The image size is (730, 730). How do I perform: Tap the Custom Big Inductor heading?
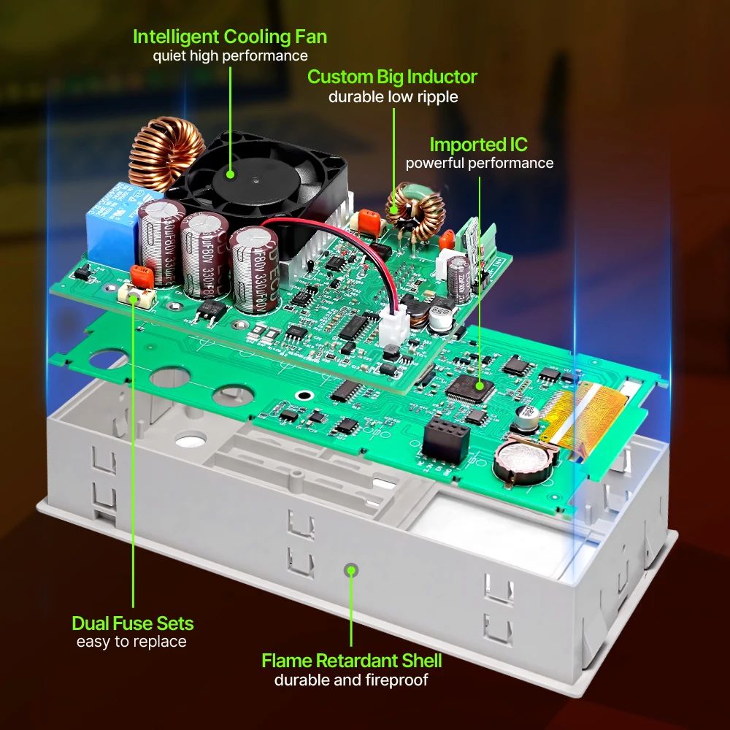[x=392, y=77]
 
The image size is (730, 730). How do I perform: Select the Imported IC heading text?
[x=479, y=144]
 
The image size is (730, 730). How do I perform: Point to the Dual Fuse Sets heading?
[x=133, y=623]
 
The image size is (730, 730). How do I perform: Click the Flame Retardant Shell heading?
[x=352, y=661]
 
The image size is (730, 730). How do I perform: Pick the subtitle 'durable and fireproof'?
[x=352, y=680]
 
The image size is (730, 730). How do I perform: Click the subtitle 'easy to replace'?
[x=131, y=642]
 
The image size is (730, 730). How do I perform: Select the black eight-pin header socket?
[x=445, y=438]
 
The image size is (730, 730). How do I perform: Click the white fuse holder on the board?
[x=137, y=295]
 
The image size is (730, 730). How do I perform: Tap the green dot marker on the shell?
[x=352, y=569]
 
